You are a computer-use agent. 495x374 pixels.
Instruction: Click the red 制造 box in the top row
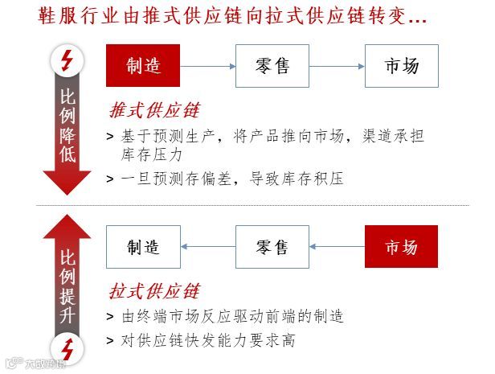point(143,66)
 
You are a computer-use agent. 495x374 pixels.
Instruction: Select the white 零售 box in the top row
point(272,66)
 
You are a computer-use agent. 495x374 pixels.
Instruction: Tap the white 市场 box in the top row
point(401,66)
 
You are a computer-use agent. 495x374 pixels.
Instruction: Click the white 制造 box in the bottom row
point(143,247)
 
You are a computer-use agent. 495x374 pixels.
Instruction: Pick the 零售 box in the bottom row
point(272,247)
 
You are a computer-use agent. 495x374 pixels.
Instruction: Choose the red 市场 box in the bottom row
point(401,247)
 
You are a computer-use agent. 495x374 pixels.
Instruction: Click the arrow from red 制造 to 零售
point(207,66)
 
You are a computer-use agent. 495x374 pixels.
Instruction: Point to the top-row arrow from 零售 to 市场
point(337,66)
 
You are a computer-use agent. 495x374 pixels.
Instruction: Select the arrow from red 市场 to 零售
point(337,247)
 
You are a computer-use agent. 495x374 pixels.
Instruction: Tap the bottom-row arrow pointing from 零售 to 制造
point(207,247)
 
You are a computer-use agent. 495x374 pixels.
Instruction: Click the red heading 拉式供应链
point(153,290)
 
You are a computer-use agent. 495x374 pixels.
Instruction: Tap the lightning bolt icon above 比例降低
point(67,60)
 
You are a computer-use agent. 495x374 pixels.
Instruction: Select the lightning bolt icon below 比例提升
point(67,349)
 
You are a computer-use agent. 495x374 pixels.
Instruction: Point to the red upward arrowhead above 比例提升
point(67,228)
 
